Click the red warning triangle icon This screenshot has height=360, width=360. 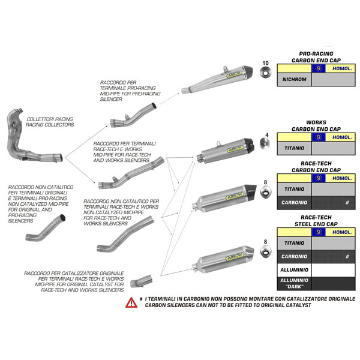(130, 303)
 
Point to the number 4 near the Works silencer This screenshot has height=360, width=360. (265, 135)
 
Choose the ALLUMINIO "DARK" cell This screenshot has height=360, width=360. (294, 283)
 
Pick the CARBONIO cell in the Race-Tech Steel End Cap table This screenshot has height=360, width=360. (294, 256)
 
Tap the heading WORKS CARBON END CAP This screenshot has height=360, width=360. (316, 125)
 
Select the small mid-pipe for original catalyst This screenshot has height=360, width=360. (139, 280)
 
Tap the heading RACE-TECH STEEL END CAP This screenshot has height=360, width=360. (316, 221)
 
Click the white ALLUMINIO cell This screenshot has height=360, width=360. (294, 270)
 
